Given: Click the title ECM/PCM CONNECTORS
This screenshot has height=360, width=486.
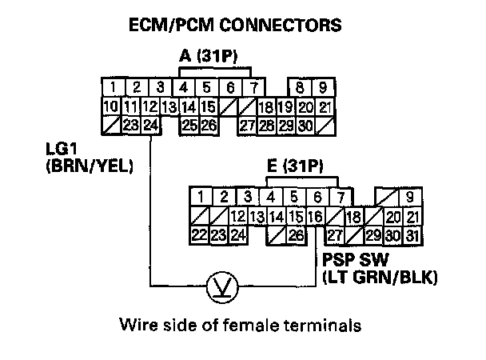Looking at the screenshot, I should (235, 26).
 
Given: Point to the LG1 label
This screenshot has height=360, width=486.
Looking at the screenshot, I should (63, 149).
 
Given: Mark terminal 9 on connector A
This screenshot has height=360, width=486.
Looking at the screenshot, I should (324, 87).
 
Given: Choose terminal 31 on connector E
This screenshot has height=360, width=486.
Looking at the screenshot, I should (412, 235).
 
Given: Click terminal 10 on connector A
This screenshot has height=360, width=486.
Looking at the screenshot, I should (112, 106).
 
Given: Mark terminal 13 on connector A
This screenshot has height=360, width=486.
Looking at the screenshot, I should (169, 106).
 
